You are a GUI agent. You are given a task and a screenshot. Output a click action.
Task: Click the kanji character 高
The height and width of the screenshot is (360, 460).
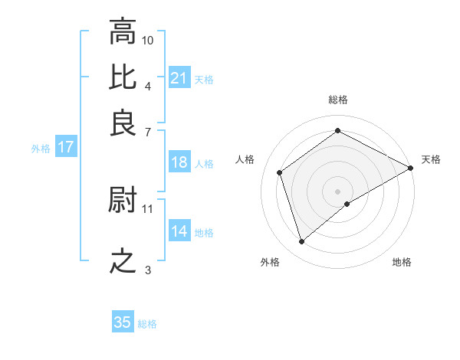tap(123, 33)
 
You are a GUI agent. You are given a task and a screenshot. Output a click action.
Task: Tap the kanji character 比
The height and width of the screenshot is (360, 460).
tap(123, 78)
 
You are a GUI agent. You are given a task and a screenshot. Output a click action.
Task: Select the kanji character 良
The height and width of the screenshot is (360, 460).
tap(123, 123)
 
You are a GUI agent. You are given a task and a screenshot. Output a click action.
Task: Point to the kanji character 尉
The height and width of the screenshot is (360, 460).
tap(123, 200)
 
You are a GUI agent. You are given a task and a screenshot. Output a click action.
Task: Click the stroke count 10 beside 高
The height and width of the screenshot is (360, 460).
tap(148, 40)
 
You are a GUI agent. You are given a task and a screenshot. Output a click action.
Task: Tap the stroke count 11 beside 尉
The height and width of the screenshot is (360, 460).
tap(148, 208)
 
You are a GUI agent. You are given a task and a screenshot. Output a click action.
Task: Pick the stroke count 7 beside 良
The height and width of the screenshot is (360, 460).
tap(147, 131)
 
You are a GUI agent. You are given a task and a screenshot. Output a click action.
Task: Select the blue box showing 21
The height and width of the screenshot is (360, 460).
tap(179, 78)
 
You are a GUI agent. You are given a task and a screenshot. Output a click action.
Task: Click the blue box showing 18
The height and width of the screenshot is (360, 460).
tap(179, 162)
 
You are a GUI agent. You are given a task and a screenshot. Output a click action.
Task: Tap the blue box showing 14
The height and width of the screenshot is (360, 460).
tap(179, 231)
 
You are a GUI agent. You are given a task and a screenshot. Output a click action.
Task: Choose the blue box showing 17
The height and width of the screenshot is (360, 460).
tap(65, 147)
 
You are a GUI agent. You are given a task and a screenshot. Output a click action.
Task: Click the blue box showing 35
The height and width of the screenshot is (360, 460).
tap(123, 322)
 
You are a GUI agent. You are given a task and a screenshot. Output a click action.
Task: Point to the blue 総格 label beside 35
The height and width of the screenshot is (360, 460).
tap(147, 324)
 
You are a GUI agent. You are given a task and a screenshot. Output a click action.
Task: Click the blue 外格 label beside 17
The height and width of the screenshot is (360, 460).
tap(41, 149)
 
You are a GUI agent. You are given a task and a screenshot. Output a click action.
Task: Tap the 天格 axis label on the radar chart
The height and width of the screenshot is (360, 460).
tap(431, 159)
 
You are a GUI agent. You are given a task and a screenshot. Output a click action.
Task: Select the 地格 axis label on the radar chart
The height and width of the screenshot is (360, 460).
tap(402, 263)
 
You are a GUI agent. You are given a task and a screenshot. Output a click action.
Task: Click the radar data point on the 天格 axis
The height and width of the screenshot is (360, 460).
tap(411, 168)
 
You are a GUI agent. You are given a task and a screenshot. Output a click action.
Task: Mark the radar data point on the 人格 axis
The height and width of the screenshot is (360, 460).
tap(280, 172)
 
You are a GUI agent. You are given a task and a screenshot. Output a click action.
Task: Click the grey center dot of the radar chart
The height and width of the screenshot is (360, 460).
tap(338, 191)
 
